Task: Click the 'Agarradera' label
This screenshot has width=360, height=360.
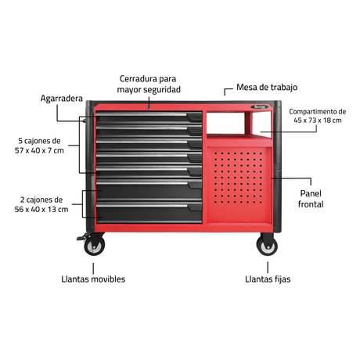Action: point(62,99)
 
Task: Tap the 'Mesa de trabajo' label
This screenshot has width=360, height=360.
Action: point(267,87)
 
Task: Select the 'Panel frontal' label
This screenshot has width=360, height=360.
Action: point(311,199)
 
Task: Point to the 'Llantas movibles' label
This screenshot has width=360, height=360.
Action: point(93,279)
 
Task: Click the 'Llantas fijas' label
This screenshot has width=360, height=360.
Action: point(268,279)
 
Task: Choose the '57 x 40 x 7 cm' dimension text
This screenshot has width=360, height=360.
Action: point(39,150)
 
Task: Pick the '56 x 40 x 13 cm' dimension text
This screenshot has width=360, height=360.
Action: point(41,209)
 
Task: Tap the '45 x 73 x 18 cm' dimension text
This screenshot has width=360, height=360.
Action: point(318,121)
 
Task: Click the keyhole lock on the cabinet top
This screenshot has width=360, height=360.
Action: point(149,107)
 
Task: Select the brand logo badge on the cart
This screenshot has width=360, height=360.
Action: point(260,107)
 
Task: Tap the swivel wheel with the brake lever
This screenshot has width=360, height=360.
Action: point(94,245)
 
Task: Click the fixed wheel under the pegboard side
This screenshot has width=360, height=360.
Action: point(267,245)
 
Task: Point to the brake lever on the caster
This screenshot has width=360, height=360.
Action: point(82,237)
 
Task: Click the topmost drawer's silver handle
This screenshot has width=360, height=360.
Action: point(141,114)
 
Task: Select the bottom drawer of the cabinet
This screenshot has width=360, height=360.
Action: point(149,212)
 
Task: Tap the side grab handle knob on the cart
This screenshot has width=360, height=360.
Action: point(85,121)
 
